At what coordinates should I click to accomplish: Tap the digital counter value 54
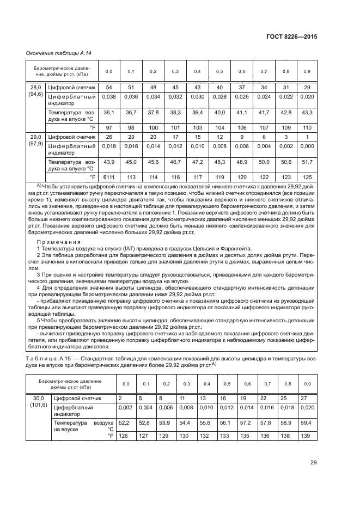click(108, 88)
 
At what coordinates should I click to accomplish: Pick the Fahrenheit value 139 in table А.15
click(307, 436)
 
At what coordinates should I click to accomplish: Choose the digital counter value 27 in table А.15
click(307, 398)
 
